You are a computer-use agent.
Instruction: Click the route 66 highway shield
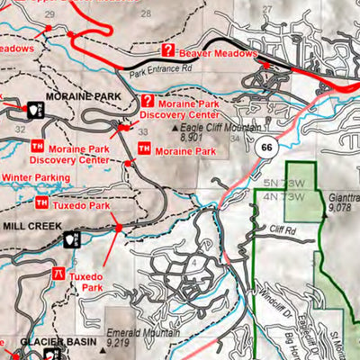click(x=264, y=148)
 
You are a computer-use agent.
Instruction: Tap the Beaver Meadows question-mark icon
click(x=167, y=51)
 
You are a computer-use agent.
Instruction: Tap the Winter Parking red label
click(x=35, y=178)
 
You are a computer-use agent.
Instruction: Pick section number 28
click(x=146, y=13)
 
